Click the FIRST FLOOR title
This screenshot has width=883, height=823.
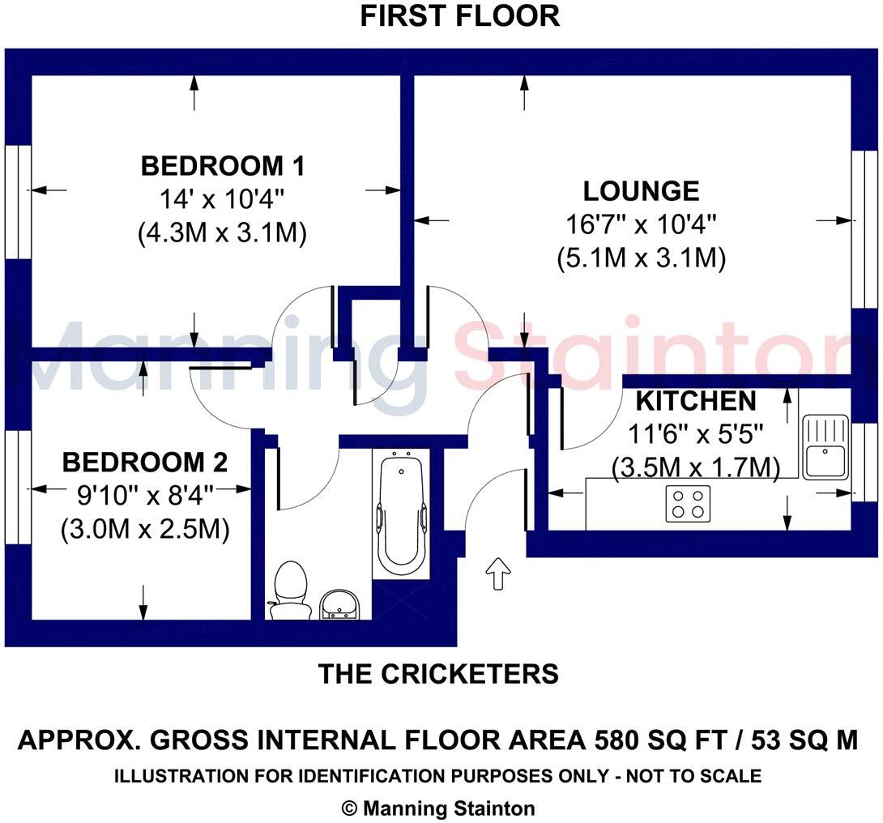459,16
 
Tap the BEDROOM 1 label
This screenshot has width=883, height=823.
223,167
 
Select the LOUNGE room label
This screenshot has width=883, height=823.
641,191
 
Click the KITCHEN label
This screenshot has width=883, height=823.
696,401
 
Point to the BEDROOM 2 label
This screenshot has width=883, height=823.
145,463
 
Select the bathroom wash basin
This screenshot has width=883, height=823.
340,604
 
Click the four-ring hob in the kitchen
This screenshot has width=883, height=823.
689,503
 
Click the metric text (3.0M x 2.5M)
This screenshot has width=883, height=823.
145,531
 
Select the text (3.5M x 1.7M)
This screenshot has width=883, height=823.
696,467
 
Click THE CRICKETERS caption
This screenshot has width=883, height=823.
438,673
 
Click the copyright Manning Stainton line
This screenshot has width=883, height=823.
438,808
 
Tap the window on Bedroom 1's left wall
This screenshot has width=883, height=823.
18,203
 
